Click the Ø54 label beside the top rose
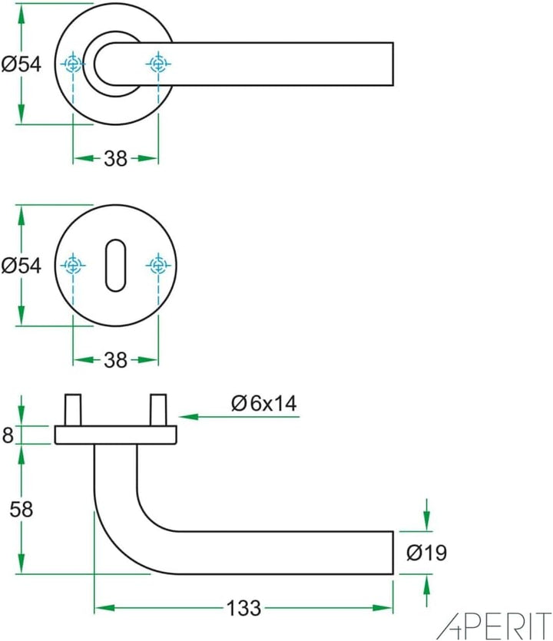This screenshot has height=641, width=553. click(21, 65)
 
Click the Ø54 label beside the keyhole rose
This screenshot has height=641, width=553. click(21, 266)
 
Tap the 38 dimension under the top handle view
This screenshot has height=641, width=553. click(115, 158)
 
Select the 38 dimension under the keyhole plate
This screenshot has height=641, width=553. click(115, 359)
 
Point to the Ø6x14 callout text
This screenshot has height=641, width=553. click(263, 403)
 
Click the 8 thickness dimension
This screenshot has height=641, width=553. click(8, 435)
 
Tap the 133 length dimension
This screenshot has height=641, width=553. click(243, 608)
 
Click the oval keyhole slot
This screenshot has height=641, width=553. click(115, 266)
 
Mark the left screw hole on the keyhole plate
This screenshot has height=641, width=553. click(73, 266)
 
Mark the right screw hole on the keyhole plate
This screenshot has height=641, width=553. click(157, 266)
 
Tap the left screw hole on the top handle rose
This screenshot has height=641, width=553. click(73, 64)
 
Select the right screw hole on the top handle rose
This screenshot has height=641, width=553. click(157, 64)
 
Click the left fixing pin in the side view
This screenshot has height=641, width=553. click(74, 410)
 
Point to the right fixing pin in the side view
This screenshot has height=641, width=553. click(158, 410)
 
